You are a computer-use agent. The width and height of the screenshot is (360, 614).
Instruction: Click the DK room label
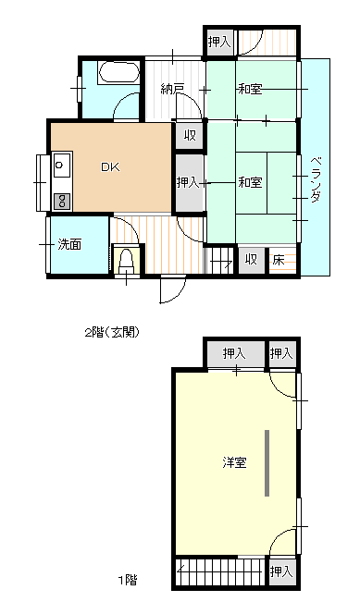(110, 167)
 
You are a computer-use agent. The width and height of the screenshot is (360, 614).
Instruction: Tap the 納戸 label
(172, 90)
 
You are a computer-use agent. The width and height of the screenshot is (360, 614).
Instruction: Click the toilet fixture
(127, 262)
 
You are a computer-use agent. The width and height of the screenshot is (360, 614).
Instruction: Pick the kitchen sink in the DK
(61, 167)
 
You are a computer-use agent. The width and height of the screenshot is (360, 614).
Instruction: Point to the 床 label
(278, 260)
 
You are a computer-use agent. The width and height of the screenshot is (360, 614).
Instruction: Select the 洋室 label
(234, 462)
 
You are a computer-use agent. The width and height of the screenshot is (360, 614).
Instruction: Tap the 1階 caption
(127, 581)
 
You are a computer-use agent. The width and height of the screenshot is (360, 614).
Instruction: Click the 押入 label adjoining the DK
(188, 183)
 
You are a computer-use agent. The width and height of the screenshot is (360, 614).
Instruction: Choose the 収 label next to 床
(251, 260)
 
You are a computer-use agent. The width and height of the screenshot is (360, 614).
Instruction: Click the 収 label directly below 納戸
(189, 136)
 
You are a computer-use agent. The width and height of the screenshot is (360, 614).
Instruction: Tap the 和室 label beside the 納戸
(250, 90)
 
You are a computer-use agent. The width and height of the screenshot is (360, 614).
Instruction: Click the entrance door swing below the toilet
(172, 289)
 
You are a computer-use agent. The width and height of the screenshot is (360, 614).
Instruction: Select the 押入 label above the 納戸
(219, 42)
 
